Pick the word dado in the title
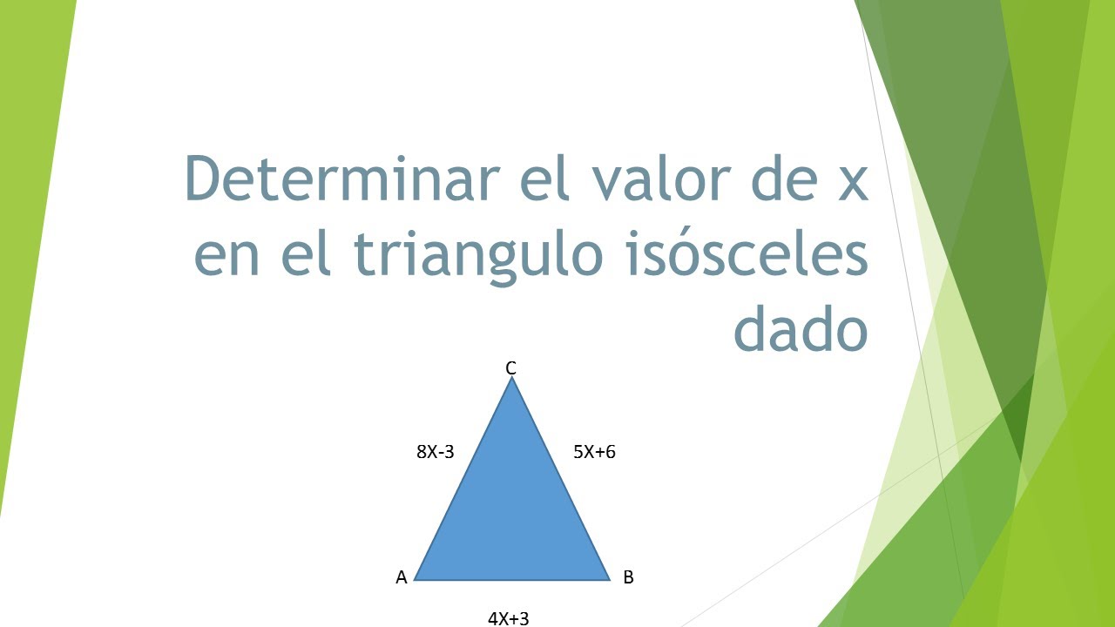click(x=801, y=331)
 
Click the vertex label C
click(x=511, y=368)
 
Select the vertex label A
click(x=402, y=577)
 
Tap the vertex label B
click(x=628, y=577)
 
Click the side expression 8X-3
click(x=436, y=452)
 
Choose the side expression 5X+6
click(x=594, y=452)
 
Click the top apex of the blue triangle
click(x=512, y=380)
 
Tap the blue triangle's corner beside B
click(x=607, y=578)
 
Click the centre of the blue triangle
click(x=512, y=514)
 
